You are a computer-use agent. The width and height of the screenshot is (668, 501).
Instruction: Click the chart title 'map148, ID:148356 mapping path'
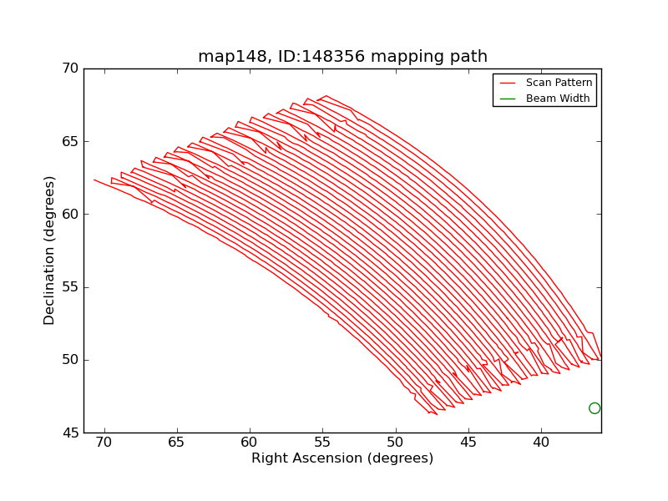[x=342, y=57]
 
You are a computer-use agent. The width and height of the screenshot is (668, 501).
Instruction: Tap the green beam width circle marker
[x=595, y=408]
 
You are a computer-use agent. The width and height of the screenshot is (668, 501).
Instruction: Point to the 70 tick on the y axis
[x=70, y=68]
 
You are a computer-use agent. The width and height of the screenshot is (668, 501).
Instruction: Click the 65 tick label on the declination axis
[x=70, y=141]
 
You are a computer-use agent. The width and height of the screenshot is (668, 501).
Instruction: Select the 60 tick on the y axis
[x=70, y=215]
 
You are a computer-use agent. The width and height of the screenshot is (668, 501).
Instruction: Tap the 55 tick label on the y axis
[x=70, y=287]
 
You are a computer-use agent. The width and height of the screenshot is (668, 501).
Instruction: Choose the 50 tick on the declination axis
[x=70, y=360]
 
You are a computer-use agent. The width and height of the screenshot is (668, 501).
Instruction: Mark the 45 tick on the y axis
[x=70, y=433]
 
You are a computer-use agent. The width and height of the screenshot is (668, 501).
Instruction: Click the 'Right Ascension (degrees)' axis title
[x=342, y=458]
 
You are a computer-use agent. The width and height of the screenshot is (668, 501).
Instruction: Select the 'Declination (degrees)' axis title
[x=50, y=250]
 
